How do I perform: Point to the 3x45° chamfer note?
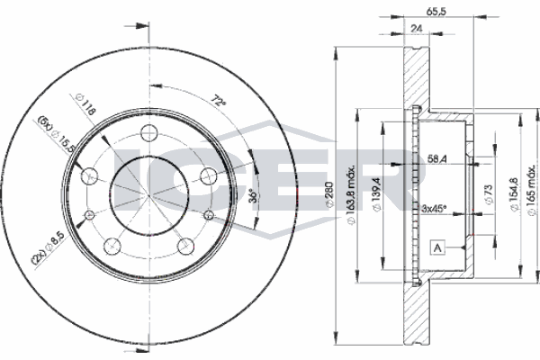click(435, 209)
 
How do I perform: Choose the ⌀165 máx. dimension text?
click(531, 197)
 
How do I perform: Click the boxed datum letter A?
click(438, 247)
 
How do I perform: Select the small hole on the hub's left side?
click(90, 215)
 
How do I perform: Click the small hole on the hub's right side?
click(210, 215)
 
